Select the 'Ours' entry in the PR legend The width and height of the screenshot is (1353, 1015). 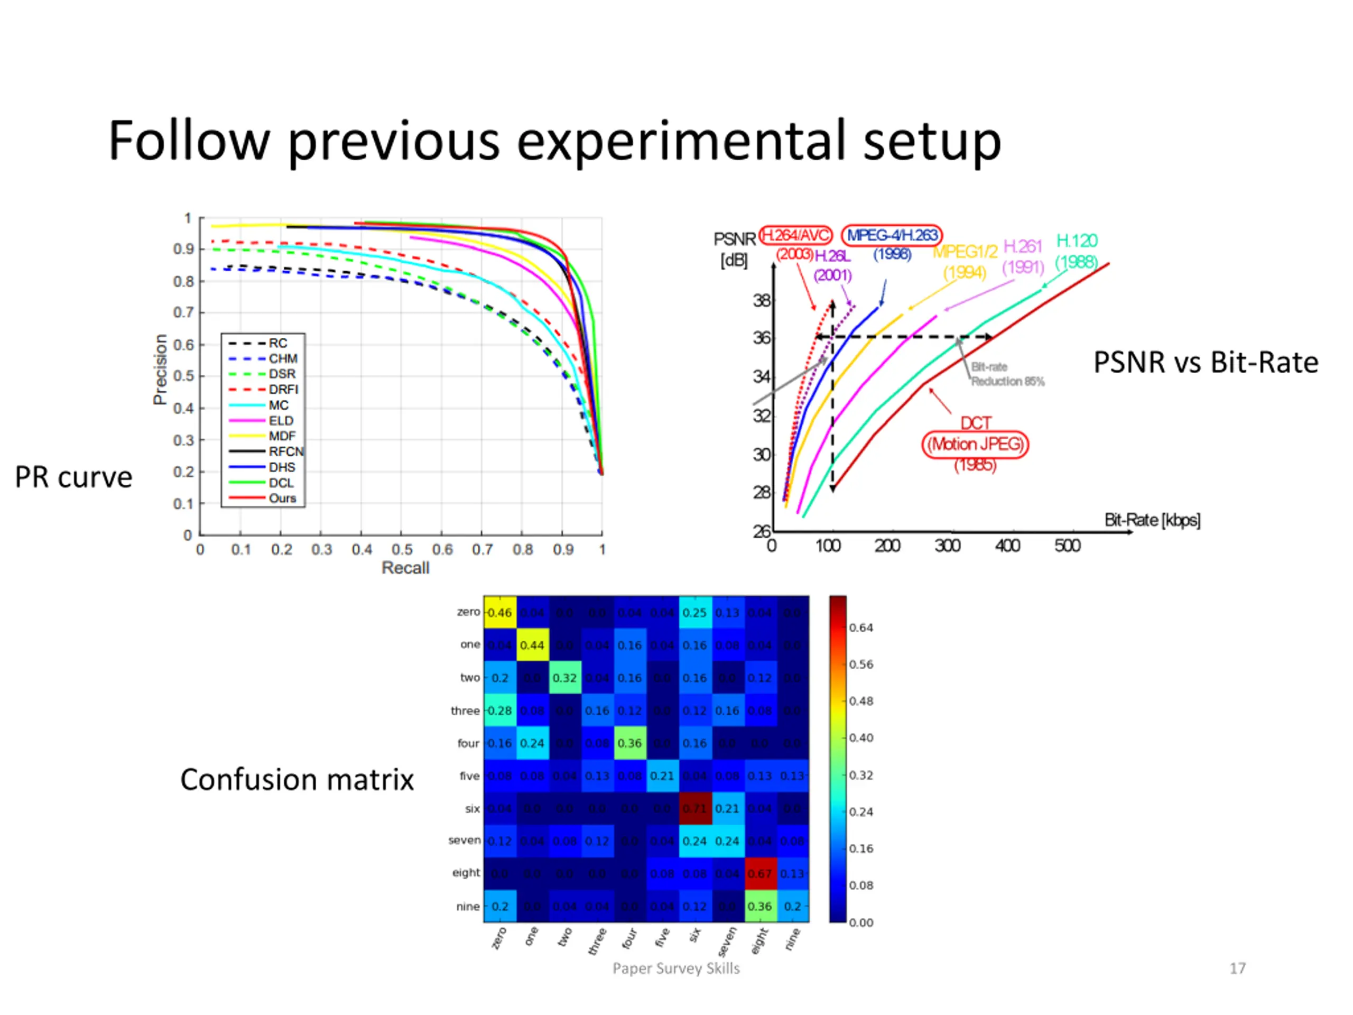(282, 498)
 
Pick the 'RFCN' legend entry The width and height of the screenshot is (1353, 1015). (285, 451)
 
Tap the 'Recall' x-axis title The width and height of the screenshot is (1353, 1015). (405, 568)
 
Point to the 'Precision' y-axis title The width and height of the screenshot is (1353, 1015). (160, 369)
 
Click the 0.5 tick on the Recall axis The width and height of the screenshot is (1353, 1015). (402, 549)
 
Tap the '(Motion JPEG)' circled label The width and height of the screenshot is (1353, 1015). (975, 444)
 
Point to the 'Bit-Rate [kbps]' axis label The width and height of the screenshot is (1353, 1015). (1152, 520)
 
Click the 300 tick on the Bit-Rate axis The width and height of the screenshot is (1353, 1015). (947, 545)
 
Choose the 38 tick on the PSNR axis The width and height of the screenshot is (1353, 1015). (762, 300)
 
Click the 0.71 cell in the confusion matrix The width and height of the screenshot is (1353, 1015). (694, 808)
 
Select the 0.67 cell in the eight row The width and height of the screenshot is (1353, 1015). (759, 874)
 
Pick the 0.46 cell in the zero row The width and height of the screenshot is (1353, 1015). (500, 612)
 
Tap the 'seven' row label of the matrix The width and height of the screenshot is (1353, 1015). (464, 841)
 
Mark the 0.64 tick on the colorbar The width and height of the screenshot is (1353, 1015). (860, 628)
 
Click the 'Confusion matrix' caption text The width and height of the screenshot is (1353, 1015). (296, 779)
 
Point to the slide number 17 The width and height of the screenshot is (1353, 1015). (1237, 968)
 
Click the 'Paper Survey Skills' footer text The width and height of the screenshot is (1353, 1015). (676, 968)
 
